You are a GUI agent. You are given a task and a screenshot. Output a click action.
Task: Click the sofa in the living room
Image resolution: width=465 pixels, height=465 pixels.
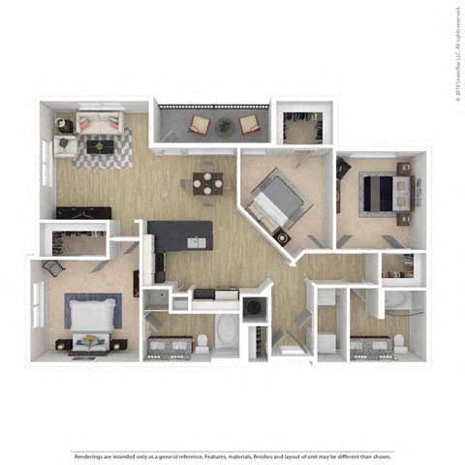tap(100, 123)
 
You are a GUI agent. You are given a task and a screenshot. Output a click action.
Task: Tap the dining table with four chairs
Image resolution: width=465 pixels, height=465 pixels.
tap(207, 182)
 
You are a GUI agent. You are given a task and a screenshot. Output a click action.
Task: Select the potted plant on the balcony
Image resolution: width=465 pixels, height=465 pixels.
tap(225, 124)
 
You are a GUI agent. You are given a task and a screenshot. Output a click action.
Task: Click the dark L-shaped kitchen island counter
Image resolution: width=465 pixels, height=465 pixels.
tap(180, 236)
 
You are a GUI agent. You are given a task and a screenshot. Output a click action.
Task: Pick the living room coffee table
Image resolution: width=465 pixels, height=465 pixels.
tap(100, 146)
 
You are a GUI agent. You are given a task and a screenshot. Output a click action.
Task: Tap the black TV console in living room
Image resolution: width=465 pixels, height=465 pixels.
tap(83, 213)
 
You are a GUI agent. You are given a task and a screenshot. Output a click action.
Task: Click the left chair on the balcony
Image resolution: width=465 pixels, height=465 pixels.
tap(199, 124)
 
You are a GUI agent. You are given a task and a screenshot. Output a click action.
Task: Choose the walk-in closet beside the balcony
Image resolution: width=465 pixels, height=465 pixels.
tap(302, 128)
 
